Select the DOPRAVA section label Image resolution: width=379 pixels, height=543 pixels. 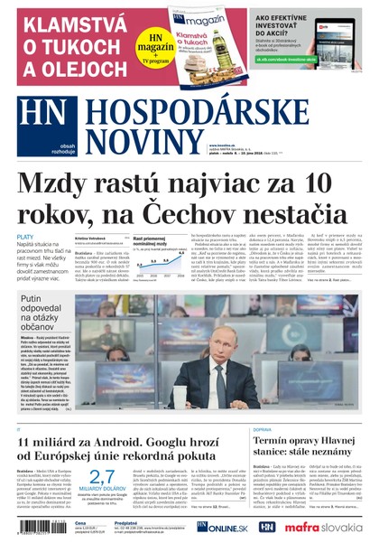point(263,429)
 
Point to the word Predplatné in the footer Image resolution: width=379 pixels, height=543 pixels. point(127,521)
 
